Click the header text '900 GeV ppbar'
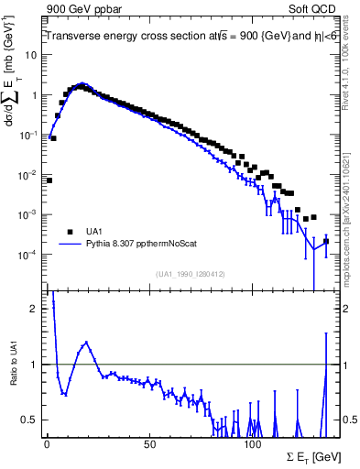[80, 8]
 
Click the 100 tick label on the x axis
[252, 444]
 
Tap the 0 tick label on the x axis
[47, 444]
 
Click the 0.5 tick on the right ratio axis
[349, 420]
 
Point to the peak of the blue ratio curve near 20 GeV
[86, 343]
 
